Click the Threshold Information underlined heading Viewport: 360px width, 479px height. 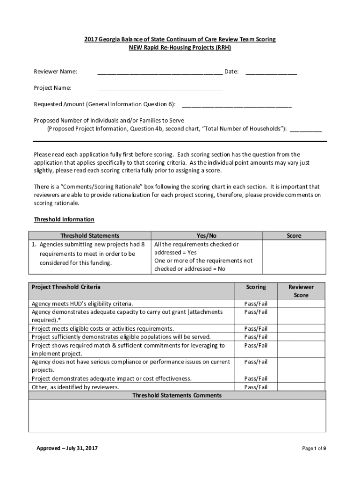[64, 219]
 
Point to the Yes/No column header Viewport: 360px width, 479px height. [206, 236]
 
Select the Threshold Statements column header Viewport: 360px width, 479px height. [90, 236]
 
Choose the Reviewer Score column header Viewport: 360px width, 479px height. [301, 291]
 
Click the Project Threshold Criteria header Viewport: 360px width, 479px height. [65, 287]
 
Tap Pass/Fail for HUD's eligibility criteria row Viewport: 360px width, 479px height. [256, 304]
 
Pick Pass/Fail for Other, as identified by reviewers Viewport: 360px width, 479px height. [256, 387]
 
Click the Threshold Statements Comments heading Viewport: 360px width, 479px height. [177, 395]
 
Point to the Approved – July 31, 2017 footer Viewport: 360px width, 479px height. [67, 449]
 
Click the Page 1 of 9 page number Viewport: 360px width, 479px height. [314, 449]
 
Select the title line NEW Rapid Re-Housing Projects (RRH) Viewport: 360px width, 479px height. [180, 48]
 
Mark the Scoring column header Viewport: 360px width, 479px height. [256, 287]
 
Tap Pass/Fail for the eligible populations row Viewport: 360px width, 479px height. [256, 337]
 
